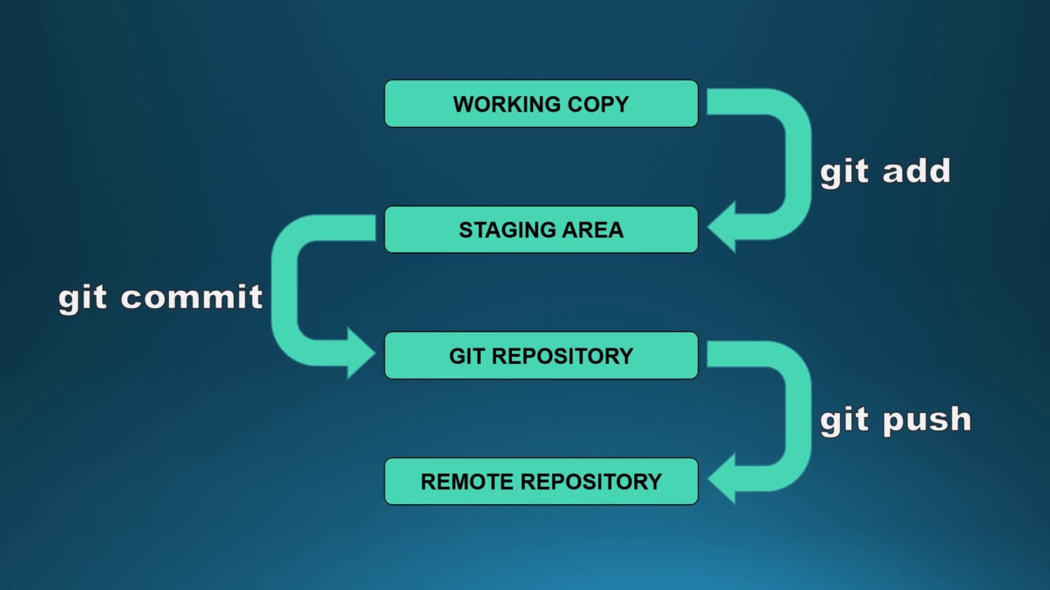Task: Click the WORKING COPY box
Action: [541, 103]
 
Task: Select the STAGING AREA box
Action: [541, 229]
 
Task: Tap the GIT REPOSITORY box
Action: [541, 356]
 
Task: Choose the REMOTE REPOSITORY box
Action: [541, 481]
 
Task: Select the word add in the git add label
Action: [916, 171]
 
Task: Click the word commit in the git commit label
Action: [192, 297]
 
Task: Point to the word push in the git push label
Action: [927, 420]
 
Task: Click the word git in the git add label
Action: [845, 173]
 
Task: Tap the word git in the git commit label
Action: [83, 299]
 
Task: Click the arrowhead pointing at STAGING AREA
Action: [724, 228]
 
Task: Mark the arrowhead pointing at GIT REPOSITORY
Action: [359, 354]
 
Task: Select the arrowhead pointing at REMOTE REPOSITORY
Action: [724, 480]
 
